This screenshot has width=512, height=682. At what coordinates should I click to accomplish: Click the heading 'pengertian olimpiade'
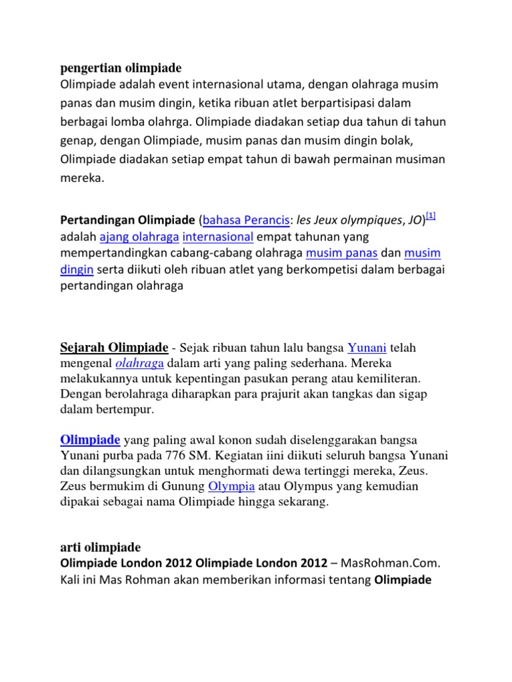coord(121,68)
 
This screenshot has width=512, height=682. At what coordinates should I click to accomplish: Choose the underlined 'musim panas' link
coord(342,254)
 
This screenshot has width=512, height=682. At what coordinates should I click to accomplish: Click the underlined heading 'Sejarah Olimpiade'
coord(114,347)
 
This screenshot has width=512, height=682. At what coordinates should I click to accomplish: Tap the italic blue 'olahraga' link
coord(139,363)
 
